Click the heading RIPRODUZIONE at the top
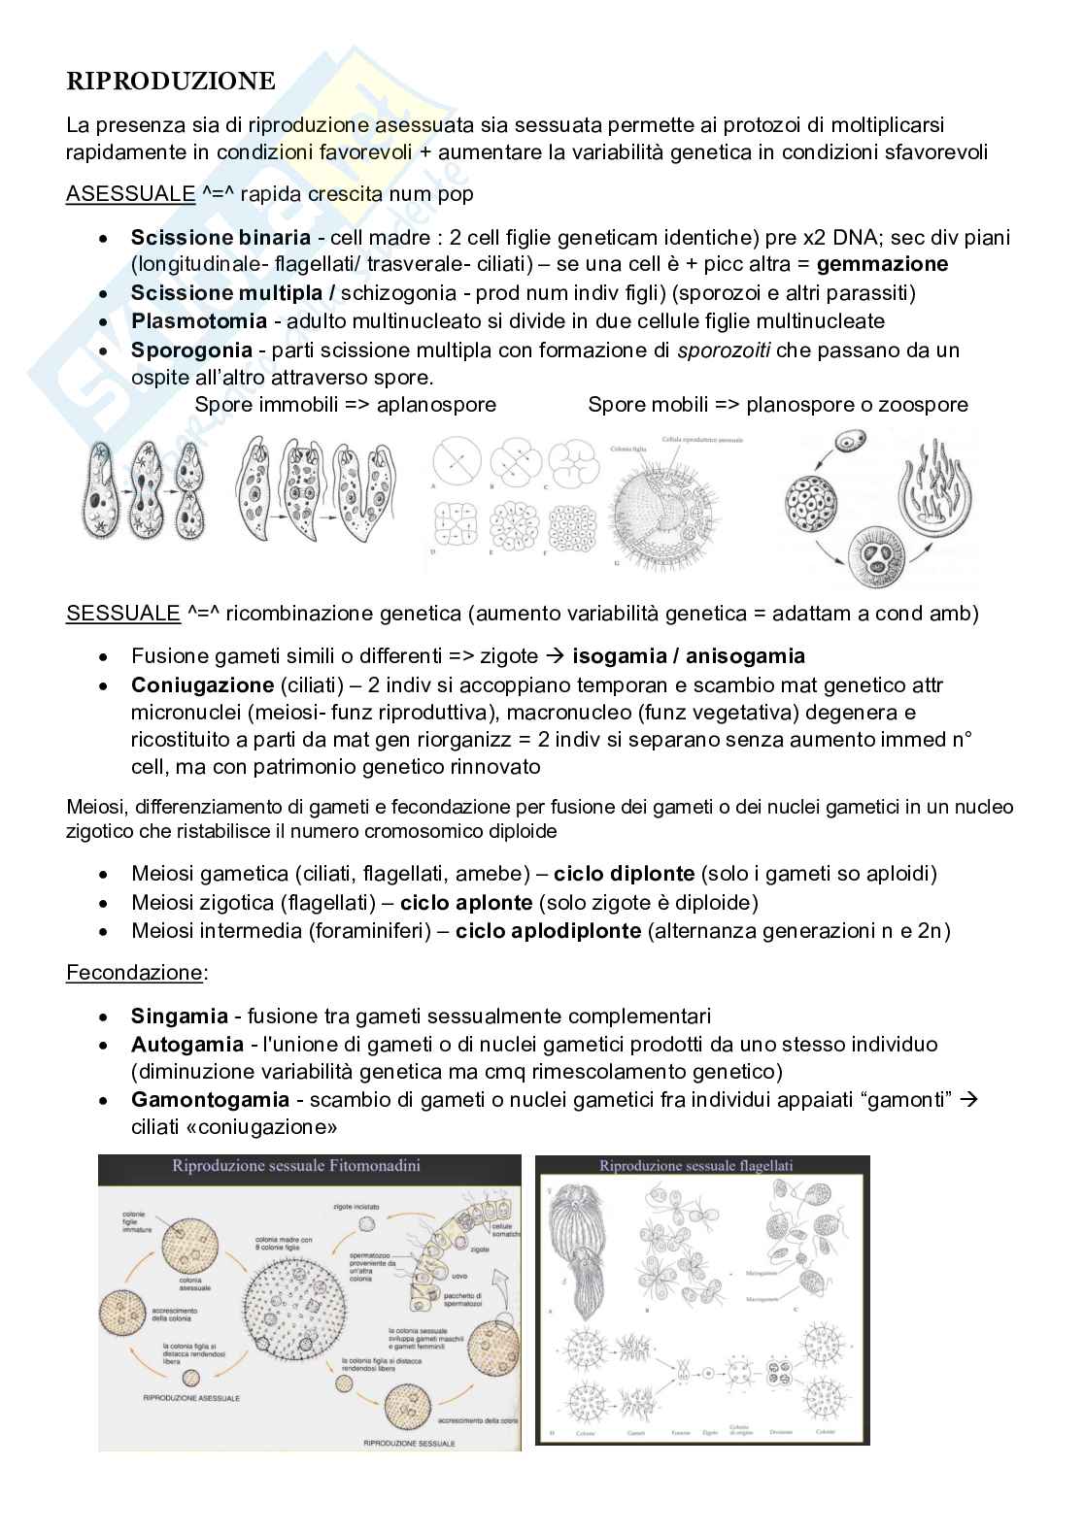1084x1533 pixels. pos(170,82)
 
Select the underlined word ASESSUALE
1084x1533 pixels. pos(131,194)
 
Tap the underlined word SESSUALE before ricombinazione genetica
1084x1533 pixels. pos(123,614)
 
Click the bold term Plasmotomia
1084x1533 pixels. pos(198,321)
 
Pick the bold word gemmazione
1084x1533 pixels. pos(882,264)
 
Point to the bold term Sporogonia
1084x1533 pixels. pos(191,350)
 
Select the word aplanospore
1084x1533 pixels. pos(436,405)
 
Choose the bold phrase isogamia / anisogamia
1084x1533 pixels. pos(688,656)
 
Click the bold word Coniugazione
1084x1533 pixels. pos(202,685)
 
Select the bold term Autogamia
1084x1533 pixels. pos(186,1045)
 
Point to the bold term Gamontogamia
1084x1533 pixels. pos(210,1100)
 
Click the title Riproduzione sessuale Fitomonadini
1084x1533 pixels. pos(295,1166)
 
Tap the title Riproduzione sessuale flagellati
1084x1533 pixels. pos(695,1166)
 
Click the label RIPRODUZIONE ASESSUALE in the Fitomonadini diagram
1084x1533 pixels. pos(191,1399)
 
